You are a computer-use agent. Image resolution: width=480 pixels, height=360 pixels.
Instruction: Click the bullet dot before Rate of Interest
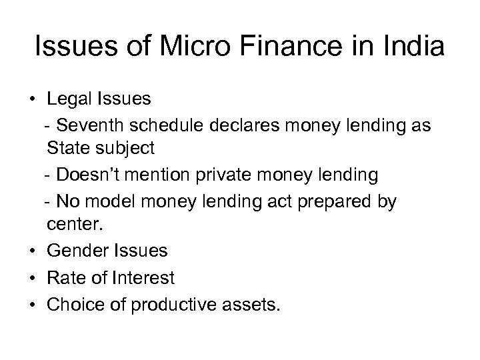(33, 277)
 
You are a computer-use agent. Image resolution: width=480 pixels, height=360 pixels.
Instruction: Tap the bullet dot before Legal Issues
(33, 100)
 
